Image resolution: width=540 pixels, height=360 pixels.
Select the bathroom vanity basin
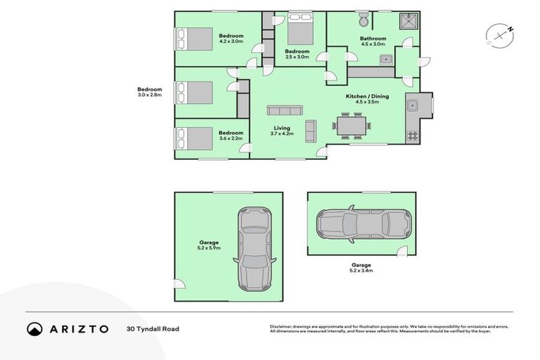[385, 60]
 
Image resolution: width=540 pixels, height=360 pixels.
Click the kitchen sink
[412, 106]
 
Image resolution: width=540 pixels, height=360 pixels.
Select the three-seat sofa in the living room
[285, 110]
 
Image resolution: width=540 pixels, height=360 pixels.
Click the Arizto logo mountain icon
[34, 328]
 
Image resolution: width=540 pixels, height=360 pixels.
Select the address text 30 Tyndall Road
[150, 328]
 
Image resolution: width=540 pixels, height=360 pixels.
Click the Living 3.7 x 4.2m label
[281, 130]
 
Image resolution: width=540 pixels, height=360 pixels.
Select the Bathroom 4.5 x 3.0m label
[373, 41]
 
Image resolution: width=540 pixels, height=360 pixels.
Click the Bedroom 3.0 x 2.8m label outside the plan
[149, 91]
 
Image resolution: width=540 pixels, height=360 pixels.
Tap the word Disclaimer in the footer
[282, 326]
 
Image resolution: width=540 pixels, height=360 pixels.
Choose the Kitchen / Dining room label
[366, 98]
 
